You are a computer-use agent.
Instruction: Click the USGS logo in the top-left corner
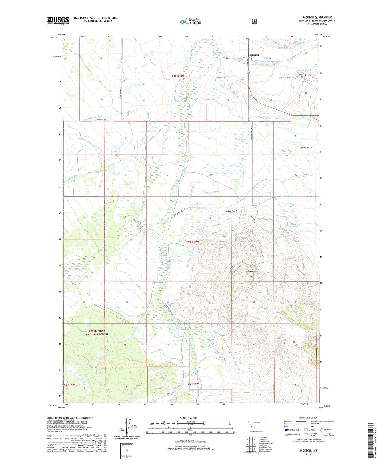pyautogui.click(x=58, y=20)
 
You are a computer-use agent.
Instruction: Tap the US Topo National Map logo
pyautogui.click(x=190, y=22)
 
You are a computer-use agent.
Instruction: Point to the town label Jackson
pyautogui.click(x=254, y=55)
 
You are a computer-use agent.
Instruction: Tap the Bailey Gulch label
pyautogui.click(x=231, y=211)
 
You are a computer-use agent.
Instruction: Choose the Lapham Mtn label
pyautogui.click(x=250, y=272)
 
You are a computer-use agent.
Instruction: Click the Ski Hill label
pyautogui.click(x=249, y=276)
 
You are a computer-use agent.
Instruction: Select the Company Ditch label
pyautogui.click(x=212, y=192)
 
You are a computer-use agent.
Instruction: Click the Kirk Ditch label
pyautogui.click(x=197, y=204)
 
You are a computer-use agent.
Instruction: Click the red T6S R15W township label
pyautogui.click(x=192, y=242)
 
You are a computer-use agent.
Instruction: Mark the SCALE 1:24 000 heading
pyautogui.click(x=188, y=418)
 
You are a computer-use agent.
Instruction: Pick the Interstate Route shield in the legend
pyautogui.click(x=286, y=430)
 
